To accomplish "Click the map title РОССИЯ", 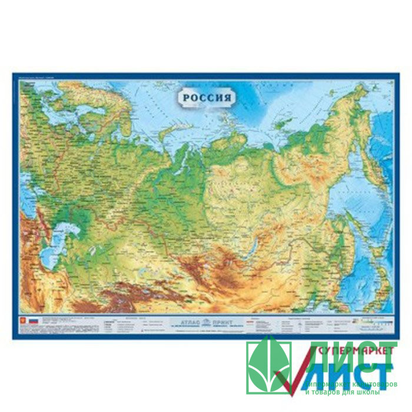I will point(205,97).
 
